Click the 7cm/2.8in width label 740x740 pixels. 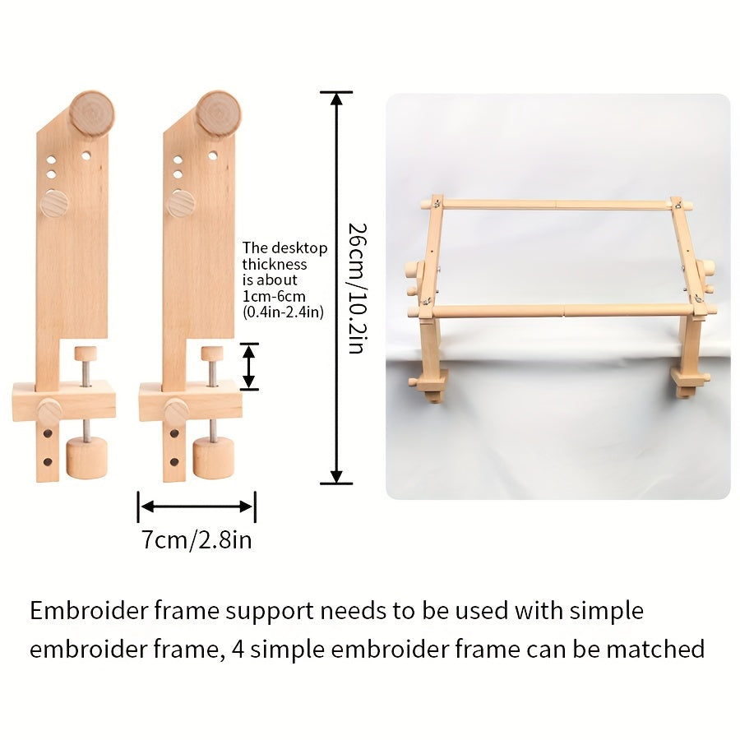point(196,540)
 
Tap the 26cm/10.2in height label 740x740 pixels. point(354,288)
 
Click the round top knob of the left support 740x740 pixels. point(91,113)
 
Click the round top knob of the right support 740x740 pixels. point(218,113)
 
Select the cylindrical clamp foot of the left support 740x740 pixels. point(86,457)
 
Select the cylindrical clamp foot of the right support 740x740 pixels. point(213,457)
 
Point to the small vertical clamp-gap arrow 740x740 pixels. point(249,367)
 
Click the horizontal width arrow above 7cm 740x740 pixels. point(197,507)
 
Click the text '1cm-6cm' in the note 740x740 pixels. point(269,296)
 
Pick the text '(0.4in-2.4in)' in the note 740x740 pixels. point(283,312)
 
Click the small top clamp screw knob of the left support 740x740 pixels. point(86,354)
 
